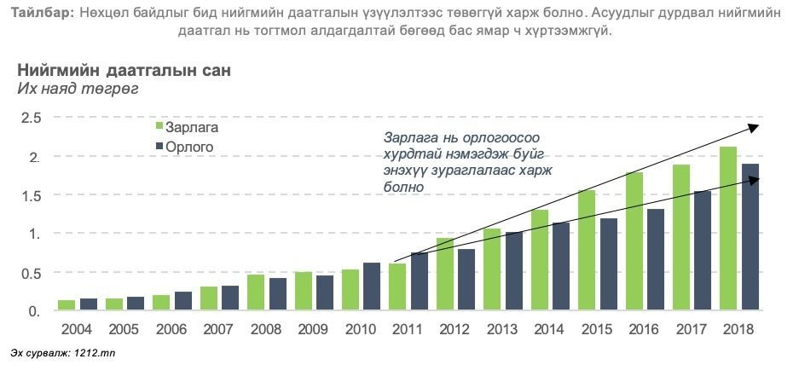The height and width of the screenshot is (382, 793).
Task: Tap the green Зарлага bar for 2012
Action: click(444, 275)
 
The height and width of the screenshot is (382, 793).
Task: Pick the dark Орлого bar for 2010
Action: click(372, 286)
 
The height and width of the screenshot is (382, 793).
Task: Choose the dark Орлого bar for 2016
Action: click(655, 260)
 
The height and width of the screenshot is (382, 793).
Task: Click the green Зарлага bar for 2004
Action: click(67, 305)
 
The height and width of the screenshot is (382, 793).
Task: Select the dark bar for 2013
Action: click(513, 271)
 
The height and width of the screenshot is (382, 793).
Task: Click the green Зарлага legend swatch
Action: click(159, 127)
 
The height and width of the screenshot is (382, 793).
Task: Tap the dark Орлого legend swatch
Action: click(159, 147)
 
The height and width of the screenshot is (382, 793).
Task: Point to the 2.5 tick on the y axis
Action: click(32, 118)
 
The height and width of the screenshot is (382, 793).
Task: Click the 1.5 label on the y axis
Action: click(32, 195)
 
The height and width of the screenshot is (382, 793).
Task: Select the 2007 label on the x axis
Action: click(219, 328)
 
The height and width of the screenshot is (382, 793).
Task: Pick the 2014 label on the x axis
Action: click(550, 328)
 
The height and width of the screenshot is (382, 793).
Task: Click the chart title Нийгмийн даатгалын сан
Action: click(124, 70)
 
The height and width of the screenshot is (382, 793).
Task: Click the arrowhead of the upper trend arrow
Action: click(754, 126)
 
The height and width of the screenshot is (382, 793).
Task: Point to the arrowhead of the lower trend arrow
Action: click(754, 177)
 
